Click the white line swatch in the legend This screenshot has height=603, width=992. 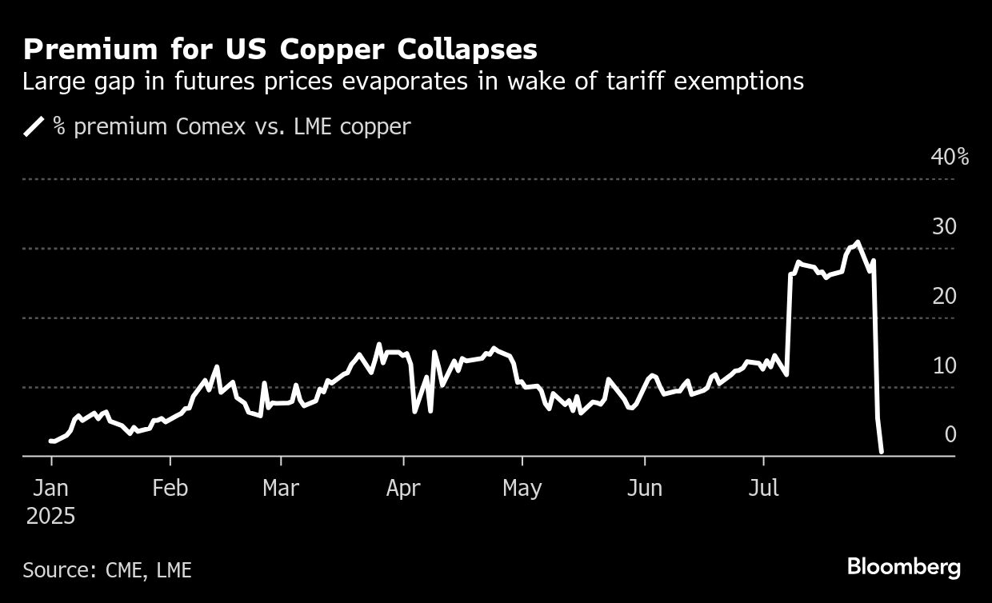coord(35,126)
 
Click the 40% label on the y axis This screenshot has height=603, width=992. coord(950,157)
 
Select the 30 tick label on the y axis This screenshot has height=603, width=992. coord(944,226)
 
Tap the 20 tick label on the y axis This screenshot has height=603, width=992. coord(944,296)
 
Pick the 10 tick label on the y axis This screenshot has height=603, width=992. coord(944,365)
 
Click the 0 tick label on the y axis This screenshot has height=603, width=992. coord(950,434)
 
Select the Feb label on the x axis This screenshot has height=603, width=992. coord(170,488)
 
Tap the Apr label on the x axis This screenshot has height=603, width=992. coord(403,488)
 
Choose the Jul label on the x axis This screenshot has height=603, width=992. coord(763,488)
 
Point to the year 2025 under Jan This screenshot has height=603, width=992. coord(50,517)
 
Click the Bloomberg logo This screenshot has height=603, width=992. coord(903,568)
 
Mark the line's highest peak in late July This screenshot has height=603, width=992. coord(858,242)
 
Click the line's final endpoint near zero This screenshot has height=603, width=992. coord(882,452)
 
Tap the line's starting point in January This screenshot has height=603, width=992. coord(50,441)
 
